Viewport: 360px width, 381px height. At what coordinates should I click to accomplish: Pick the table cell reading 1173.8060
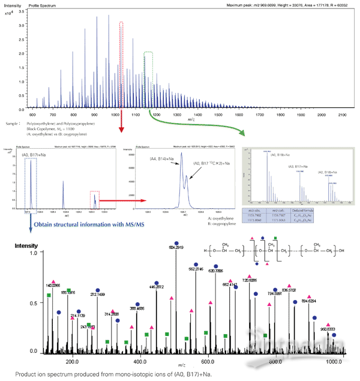coord(254,220)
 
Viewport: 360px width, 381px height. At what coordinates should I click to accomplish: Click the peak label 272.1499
coord(98,294)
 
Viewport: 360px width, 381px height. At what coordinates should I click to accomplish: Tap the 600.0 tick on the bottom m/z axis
coord(208,362)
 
